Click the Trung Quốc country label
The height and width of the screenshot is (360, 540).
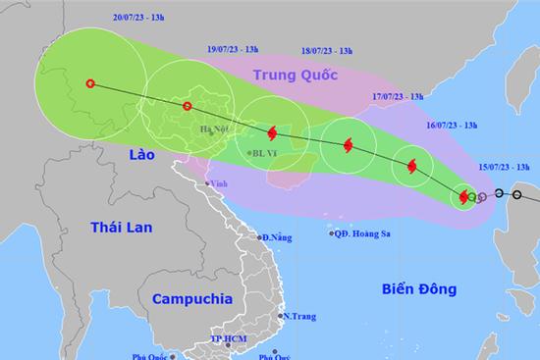(295, 75)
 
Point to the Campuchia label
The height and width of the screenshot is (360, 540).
(192, 296)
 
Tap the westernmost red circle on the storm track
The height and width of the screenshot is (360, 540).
(91, 83)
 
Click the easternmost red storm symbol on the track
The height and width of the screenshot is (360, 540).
(463, 198)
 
